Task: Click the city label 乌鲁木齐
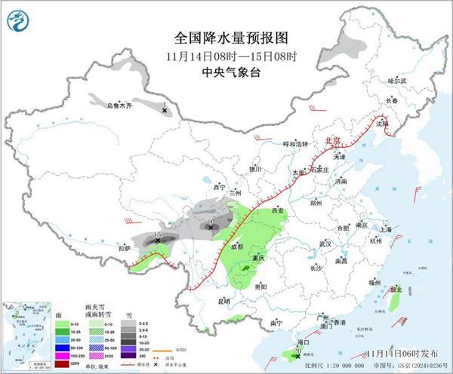click(119, 106)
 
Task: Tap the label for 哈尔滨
click(397, 81)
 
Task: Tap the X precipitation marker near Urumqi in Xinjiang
click(165, 111)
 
